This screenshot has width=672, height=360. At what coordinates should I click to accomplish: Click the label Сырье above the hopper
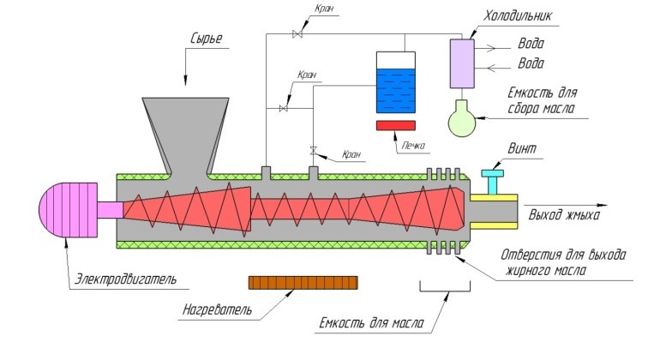206,39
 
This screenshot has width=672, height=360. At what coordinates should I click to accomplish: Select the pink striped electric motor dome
69,209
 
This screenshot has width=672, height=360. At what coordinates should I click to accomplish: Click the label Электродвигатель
125,279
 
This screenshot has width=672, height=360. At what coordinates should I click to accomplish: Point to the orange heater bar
303,283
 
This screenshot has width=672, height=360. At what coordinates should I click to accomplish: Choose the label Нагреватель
218,309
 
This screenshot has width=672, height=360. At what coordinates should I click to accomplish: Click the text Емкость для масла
372,322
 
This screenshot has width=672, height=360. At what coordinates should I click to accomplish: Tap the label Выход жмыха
564,214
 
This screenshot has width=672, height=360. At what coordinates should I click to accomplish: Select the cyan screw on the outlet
492,182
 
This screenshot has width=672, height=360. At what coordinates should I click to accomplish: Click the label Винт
521,149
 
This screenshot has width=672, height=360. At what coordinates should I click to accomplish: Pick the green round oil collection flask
462,119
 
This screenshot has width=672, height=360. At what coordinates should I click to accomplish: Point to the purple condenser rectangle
462,63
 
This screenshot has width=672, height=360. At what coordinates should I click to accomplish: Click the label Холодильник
518,15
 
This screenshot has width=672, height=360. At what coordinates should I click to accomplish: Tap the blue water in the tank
396,91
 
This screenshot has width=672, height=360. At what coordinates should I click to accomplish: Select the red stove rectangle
396,125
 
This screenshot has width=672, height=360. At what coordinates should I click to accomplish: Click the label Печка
413,146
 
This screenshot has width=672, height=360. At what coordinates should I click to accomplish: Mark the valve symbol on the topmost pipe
297,34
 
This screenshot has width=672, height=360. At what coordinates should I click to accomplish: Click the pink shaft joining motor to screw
111,209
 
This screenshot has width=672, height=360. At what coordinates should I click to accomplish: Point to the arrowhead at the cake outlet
603,206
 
